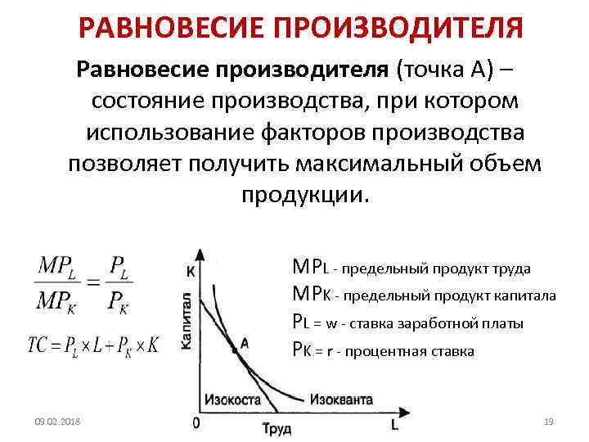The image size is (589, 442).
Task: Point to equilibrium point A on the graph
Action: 234,350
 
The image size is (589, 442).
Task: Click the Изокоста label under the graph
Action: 233,399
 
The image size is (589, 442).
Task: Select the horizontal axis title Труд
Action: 276,427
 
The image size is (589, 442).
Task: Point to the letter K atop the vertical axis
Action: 191,271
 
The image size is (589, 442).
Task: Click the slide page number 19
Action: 548,422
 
